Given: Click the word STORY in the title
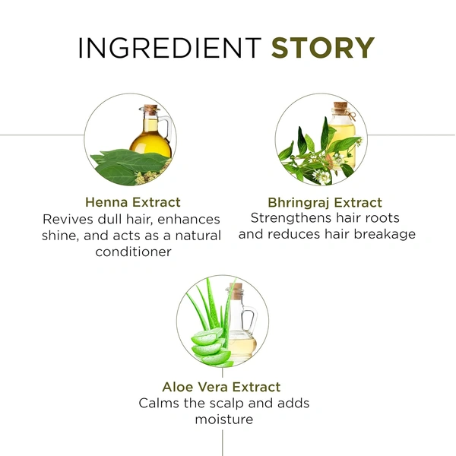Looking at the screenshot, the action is click(x=323, y=48).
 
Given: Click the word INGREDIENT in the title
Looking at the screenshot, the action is click(x=169, y=48).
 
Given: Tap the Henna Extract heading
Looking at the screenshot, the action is click(x=133, y=202).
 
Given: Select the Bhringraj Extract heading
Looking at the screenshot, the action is click(x=325, y=203).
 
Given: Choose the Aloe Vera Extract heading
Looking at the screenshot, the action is click(x=221, y=387).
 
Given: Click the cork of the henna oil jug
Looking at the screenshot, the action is click(x=151, y=109).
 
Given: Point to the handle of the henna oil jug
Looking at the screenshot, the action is click(x=167, y=128).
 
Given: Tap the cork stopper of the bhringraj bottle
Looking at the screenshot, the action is click(x=340, y=106).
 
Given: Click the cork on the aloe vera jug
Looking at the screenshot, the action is click(x=236, y=291).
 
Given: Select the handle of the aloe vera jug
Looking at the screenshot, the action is click(x=250, y=321).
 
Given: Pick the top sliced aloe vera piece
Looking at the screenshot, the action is click(x=207, y=337).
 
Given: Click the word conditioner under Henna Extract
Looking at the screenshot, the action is click(x=133, y=252).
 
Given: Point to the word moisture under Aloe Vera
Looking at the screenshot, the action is click(x=224, y=420).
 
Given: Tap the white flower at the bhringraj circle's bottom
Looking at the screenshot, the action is click(x=321, y=177).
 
